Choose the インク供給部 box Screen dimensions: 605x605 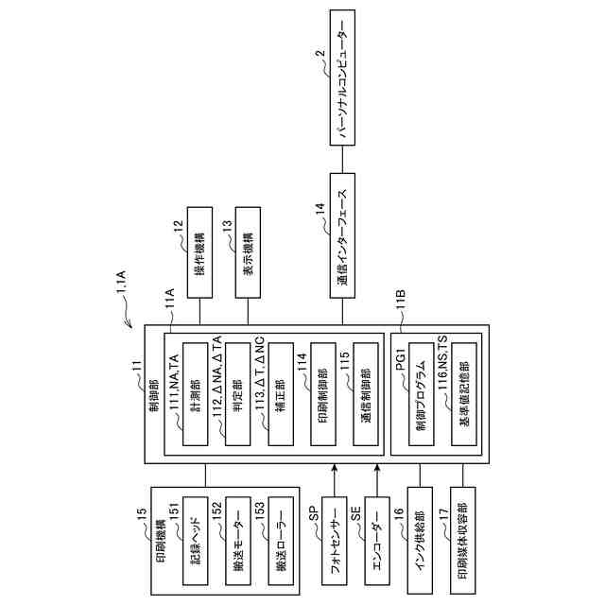pyautogui.click(x=419, y=542)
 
